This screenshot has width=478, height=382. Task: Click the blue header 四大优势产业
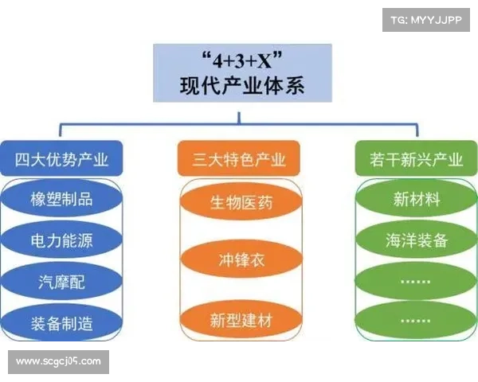click(x=62, y=159)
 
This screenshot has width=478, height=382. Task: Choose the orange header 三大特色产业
click(x=240, y=159)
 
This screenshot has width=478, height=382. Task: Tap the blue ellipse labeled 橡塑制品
click(x=62, y=198)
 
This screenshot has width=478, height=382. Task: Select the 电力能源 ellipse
click(x=62, y=239)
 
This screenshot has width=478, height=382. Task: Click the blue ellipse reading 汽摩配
click(x=62, y=281)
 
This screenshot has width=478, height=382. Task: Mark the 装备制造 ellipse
click(x=62, y=322)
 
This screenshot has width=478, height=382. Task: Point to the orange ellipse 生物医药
click(x=241, y=202)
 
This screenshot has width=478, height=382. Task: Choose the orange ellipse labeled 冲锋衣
click(x=241, y=260)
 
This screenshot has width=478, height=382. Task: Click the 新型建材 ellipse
click(x=241, y=320)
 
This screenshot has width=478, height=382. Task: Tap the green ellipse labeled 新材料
click(x=416, y=199)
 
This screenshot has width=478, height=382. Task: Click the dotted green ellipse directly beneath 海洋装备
click(x=416, y=281)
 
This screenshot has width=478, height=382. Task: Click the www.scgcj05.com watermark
click(x=59, y=362)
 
